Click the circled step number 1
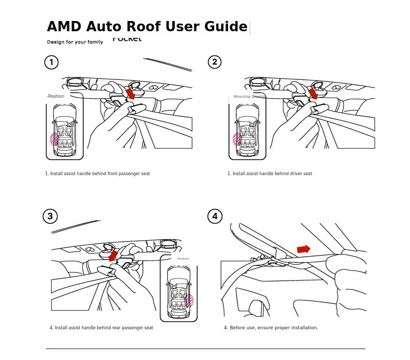click(51, 62)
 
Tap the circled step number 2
click(215, 62)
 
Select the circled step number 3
click(50, 216)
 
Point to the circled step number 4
click(215, 216)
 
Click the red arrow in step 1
click(131, 94)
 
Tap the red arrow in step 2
click(313, 94)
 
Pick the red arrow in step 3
click(114, 255)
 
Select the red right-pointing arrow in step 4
click(303, 249)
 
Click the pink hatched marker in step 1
click(54, 139)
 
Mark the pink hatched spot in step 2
click(237, 139)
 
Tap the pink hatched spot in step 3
click(189, 301)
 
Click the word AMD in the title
click(65, 27)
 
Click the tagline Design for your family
click(75, 42)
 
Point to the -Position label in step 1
click(55, 96)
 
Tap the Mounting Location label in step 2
click(250, 96)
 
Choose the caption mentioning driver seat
click(270, 174)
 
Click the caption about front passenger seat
click(97, 174)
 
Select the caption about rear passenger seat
click(101, 328)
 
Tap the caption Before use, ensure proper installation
click(271, 328)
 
